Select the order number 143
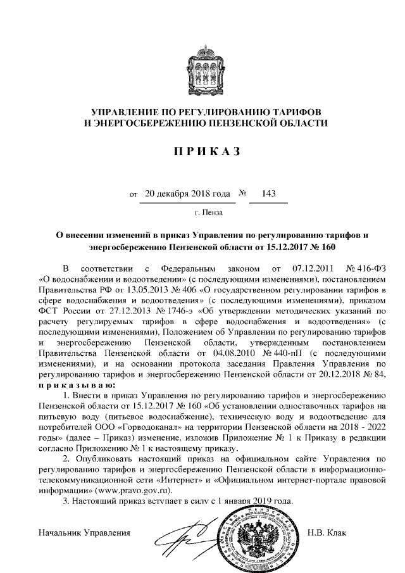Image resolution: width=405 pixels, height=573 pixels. click(268, 194)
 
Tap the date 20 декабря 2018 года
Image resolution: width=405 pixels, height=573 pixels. click(187, 194)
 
